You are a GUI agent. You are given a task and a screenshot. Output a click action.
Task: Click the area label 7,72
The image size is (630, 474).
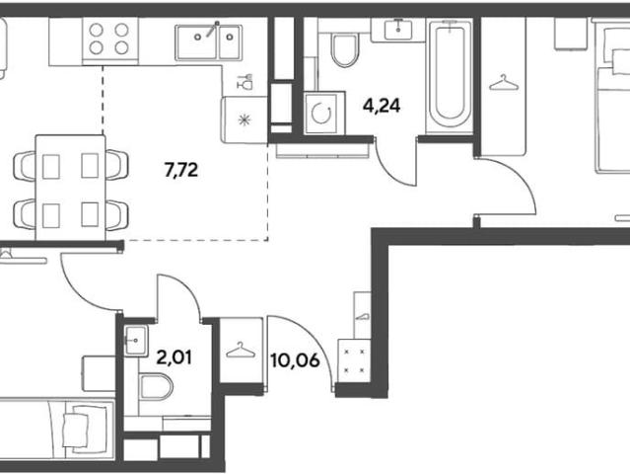pyautogui.click(x=181, y=170)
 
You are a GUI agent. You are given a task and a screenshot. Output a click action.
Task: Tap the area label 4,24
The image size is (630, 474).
pyautogui.click(x=382, y=107)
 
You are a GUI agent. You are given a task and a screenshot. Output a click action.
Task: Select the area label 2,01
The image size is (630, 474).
pyautogui.click(x=174, y=357)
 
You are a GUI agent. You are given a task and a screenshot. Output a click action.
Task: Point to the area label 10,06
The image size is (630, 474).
pyautogui.click(x=296, y=360)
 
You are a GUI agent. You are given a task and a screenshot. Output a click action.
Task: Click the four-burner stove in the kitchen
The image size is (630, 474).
pyautogui.click(x=110, y=39)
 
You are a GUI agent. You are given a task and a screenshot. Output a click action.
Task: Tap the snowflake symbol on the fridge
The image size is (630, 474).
pyautogui.click(x=245, y=119)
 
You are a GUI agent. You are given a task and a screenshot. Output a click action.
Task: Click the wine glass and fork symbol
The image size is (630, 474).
pyautogui.click(x=245, y=82)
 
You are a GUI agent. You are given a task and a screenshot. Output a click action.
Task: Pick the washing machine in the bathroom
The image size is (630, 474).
pyautogui.click(x=324, y=113)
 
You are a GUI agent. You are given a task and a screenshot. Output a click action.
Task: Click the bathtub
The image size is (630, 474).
pyautogui.click(x=450, y=76)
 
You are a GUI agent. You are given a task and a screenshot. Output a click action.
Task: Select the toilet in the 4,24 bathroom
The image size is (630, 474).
pyautogui.click(x=344, y=49)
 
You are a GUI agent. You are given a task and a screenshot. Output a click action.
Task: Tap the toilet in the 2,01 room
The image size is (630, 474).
pyautogui.click(x=156, y=387)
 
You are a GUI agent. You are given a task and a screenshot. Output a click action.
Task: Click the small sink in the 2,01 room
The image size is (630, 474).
pyautogui.click(x=136, y=341)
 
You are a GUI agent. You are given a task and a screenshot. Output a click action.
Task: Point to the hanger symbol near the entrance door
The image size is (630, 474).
pyautogui.click(x=241, y=350)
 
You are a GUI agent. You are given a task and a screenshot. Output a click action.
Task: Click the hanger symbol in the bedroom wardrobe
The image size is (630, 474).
pyautogui.click(x=504, y=83)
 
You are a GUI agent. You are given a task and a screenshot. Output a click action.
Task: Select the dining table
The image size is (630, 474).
pyautogui.click(x=71, y=188)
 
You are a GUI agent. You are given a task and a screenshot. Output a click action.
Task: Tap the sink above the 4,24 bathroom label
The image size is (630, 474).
pyautogui.click(x=397, y=29)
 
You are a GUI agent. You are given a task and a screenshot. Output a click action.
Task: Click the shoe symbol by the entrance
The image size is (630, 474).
pyautogui.click(x=362, y=316)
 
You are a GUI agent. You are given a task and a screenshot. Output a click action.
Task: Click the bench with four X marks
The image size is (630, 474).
pyautogui.click(x=354, y=360)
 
